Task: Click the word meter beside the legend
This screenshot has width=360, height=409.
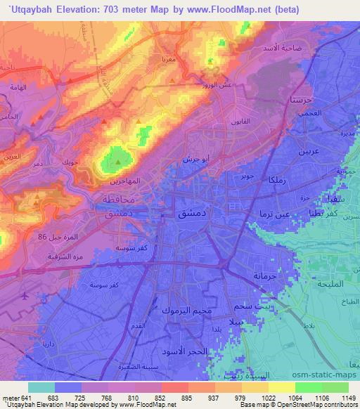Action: [11, 398]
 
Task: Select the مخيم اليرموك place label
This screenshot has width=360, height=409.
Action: [184, 310]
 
